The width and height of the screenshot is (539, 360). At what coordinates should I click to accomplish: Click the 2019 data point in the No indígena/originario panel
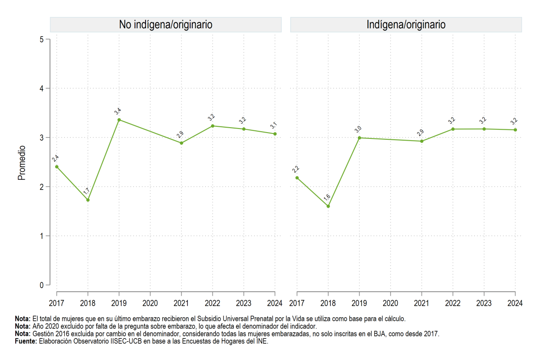click(x=119, y=120)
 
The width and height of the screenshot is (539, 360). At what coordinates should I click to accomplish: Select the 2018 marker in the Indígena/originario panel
click(x=328, y=206)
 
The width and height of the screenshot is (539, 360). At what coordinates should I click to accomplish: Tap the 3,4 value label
click(x=118, y=111)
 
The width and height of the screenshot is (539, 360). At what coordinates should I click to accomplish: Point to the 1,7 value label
click(x=86, y=191)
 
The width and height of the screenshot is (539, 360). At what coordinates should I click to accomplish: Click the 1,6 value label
click(x=327, y=197)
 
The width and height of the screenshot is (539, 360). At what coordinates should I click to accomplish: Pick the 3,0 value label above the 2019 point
click(x=358, y=129)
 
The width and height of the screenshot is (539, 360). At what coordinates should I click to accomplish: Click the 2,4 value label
click(x=55, y=159)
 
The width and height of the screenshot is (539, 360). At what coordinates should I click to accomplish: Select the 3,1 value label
click(x=274, y=125)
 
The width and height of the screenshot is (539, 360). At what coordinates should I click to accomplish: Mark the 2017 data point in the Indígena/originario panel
click(x=297, y=178)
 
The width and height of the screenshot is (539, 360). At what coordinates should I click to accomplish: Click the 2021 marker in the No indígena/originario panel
click(x=181, y=143)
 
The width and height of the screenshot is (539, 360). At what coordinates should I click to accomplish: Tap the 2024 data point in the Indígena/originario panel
click(x=515, y=130)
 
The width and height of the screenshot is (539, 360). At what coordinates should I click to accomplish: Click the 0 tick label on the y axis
click(x=42, y=285)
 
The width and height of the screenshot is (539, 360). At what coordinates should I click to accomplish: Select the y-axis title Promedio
click(x=22, y=163)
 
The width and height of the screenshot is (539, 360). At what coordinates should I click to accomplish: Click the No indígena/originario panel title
click(x=166, y=25)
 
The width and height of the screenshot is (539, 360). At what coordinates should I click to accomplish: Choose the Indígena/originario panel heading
click(x=406, y=25)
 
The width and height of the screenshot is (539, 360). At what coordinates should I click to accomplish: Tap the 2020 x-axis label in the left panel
click(x=150, y=303)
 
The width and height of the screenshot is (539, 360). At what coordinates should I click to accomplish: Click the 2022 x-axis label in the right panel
click(x=453, y=303)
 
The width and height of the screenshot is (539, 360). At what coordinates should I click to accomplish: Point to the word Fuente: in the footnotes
click(x=26, y=341)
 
